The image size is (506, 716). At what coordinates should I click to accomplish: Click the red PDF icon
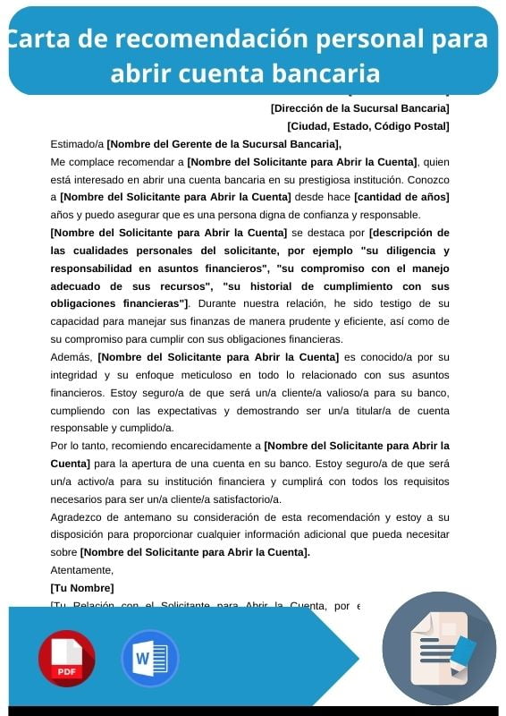pyautogui.click(x=66, y=659)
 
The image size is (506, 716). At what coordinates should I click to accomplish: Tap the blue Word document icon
pyautogui.click(x=149, y=659)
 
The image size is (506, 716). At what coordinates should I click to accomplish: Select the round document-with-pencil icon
pyautogui.click(x=439, y=648)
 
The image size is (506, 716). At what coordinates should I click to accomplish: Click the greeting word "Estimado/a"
pyautogui.click(x=77, y=143)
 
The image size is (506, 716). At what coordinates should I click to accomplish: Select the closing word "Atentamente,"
pyautogui.click(x=82, y=570)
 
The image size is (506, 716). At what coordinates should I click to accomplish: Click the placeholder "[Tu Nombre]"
pyautogui.click(x=82, y=588)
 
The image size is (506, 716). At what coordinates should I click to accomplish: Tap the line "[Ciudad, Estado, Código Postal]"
pyautogui.click(x=367, y=126)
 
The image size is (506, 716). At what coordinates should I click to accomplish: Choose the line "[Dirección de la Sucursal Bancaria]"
pyautogui.click(x=359, y=108)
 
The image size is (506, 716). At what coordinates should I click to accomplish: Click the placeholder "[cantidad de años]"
pyautogui.click(x=401, y=197)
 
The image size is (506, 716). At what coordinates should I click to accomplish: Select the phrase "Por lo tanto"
pyautogui.click(x=82, y=446)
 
